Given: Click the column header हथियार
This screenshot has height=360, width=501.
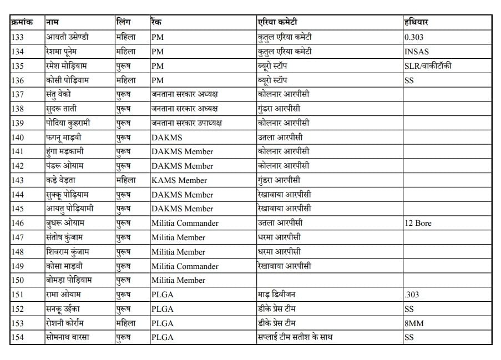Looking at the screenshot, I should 416,22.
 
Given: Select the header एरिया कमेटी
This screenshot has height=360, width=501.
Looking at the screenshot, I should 277,22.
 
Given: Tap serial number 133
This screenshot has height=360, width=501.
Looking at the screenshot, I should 18,37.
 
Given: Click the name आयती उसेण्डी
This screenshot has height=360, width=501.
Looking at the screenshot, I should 68,37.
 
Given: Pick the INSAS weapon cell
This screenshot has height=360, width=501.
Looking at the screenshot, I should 417,52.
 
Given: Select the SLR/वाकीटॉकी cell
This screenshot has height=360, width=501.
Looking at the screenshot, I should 428,66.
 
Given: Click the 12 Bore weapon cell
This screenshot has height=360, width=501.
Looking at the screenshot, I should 418,223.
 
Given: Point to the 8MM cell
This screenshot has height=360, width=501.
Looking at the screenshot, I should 414,323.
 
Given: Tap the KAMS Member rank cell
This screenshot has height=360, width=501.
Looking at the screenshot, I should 179,180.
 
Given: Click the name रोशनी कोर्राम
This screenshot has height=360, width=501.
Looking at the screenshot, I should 69,323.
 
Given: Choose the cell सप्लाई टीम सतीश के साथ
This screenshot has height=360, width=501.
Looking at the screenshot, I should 295,337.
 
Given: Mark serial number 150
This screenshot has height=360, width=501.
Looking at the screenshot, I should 18,280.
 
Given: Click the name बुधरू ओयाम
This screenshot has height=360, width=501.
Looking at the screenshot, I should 65,223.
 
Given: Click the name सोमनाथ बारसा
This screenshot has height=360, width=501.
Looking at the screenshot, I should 68,337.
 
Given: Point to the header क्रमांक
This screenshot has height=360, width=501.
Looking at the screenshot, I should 22,22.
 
